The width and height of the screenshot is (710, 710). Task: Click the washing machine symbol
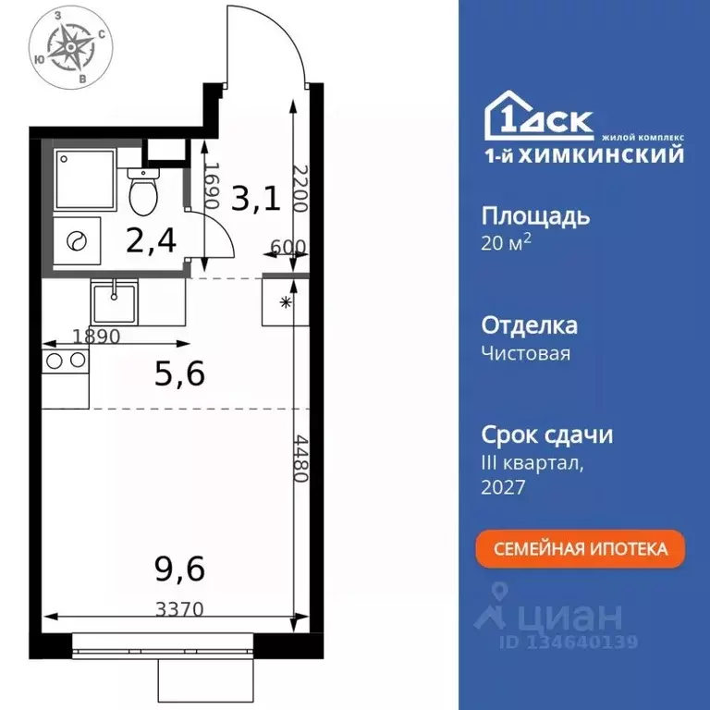tap(75, 241)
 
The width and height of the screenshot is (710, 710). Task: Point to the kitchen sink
tap(114, 300)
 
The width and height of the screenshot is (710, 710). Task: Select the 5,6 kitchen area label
tap(177, 373)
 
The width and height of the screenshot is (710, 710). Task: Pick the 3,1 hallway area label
tap(255, 198)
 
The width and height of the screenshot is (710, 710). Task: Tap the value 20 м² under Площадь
tap(507, 242)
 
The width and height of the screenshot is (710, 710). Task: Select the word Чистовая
tap(526, 352)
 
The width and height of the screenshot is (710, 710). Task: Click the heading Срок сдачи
tap(547, 435)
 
